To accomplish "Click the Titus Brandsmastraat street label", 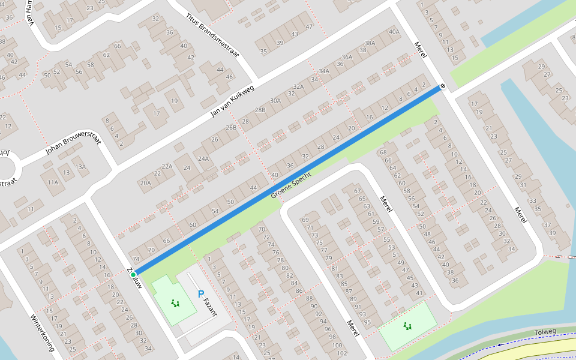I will coord(212,37).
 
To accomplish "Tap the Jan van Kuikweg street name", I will coord(233,100).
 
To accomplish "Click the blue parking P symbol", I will coord(200,295).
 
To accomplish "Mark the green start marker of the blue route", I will coord(133,275).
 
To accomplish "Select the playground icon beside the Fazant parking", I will coord(175,303).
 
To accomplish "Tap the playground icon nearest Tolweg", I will coord(408,326).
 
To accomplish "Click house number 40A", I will coord(394,32).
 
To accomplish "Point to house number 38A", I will coord(370,43).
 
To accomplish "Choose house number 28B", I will coord(260,110).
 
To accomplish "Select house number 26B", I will coord(231,128).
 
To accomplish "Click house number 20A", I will coord(145,182).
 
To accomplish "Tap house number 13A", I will coord(80,167).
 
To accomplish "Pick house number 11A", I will coord(53,182).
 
